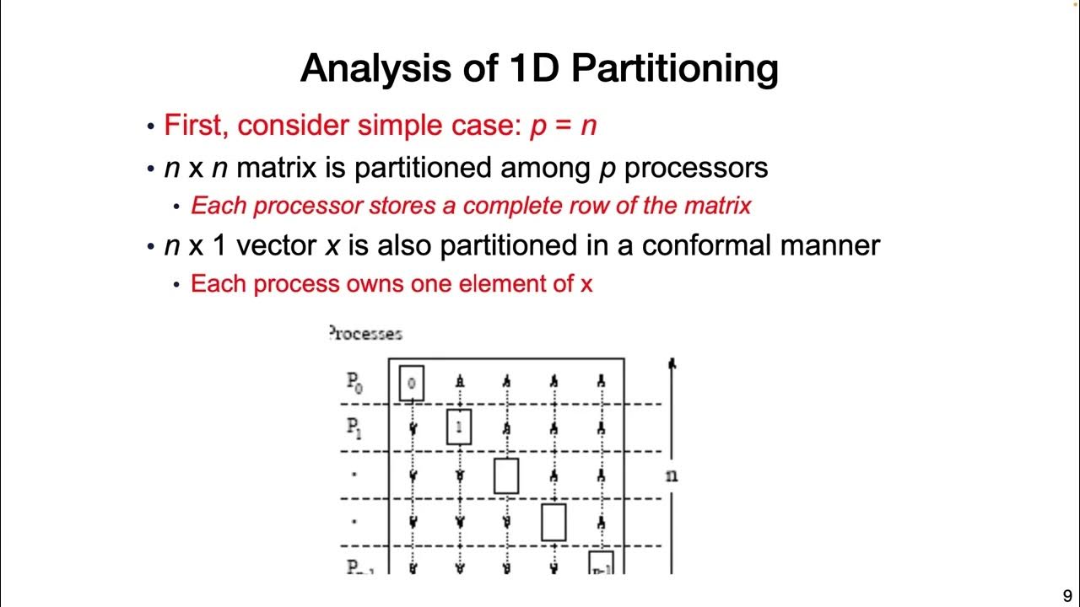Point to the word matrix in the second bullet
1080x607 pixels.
(x=276, y=167)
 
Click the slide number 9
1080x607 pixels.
(x=1067, y=594)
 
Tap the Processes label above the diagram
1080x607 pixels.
(x=364, y=333)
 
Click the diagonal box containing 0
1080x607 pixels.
(x=411, y=383)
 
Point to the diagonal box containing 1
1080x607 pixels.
(x=458, y=427)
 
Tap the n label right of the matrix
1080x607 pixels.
(x=671, y=475)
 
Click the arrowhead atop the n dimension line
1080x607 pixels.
(x=672, y=364)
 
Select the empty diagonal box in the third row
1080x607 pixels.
(x=505, y=475)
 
